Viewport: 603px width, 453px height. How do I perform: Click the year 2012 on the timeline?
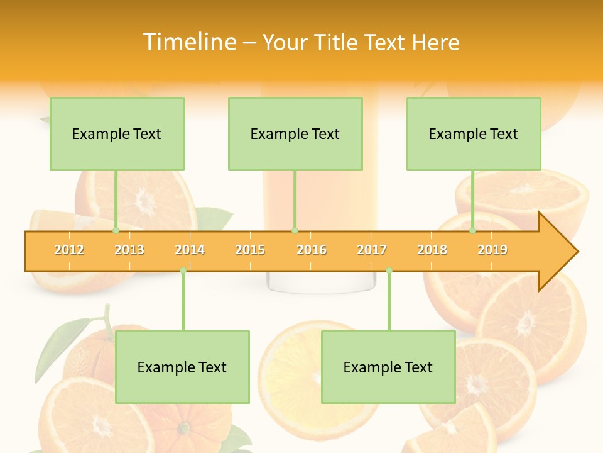point(69,250)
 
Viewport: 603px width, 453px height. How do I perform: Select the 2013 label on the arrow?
point(129,250)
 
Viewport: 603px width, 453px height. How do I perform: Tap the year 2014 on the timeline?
point(190,250)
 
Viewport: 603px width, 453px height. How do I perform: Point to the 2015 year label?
point(250,250)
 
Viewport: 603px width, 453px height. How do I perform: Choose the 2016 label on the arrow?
point(312,250)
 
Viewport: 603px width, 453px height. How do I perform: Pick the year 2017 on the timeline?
point(372,250)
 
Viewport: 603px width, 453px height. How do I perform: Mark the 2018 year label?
point(432,250)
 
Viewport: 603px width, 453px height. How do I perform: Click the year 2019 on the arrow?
point(492,250)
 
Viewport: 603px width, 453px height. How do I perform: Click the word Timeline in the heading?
point(188,42)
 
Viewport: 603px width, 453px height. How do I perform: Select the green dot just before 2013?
point(116,231)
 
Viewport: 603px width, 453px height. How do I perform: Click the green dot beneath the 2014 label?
point(183,271)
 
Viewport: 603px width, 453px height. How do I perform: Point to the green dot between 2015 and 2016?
point(295,231)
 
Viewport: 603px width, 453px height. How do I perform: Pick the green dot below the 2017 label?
point(389,271)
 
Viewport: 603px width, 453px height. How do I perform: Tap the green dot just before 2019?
point(472,231)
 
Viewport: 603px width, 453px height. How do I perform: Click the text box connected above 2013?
point(117,133)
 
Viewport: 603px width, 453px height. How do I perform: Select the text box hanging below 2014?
point(182,367)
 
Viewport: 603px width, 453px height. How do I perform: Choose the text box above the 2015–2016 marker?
point(295,133)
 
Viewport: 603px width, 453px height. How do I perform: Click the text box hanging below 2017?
point(388,367)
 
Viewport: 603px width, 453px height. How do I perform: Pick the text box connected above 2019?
point(474,133)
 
